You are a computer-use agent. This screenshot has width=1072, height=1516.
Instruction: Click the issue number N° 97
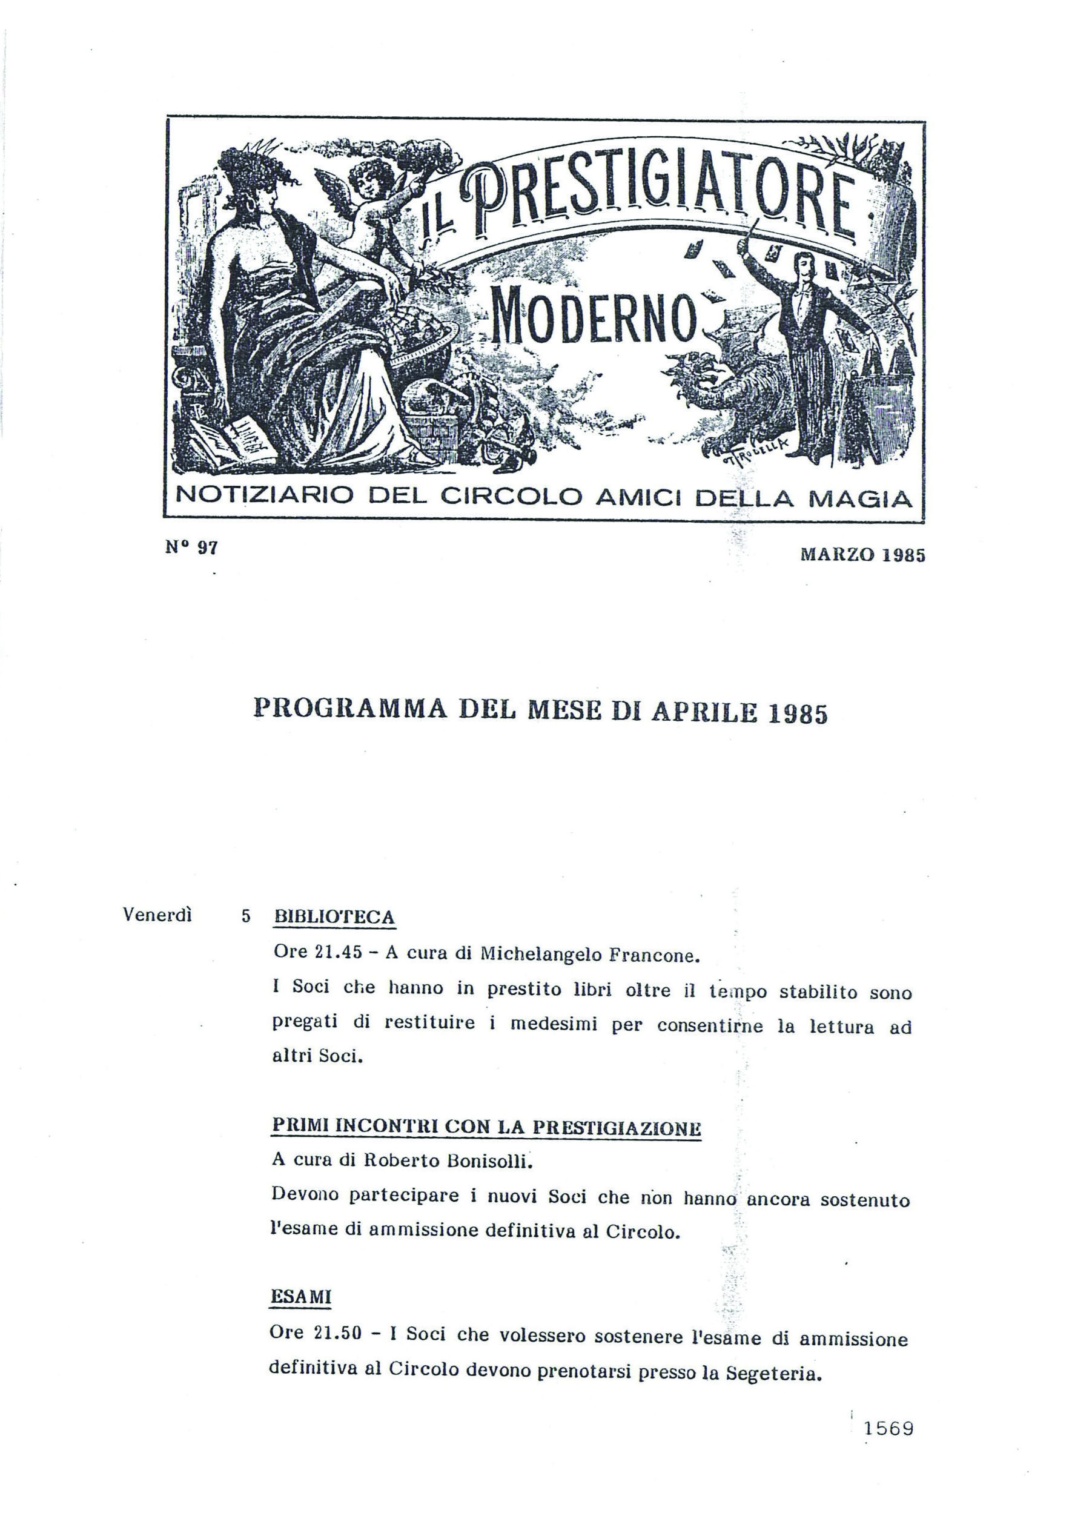pyautogui.click(x=191, y=548)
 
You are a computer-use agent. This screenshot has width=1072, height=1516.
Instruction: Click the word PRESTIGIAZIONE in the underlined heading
pyautogui.click(x=617, y=1127)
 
